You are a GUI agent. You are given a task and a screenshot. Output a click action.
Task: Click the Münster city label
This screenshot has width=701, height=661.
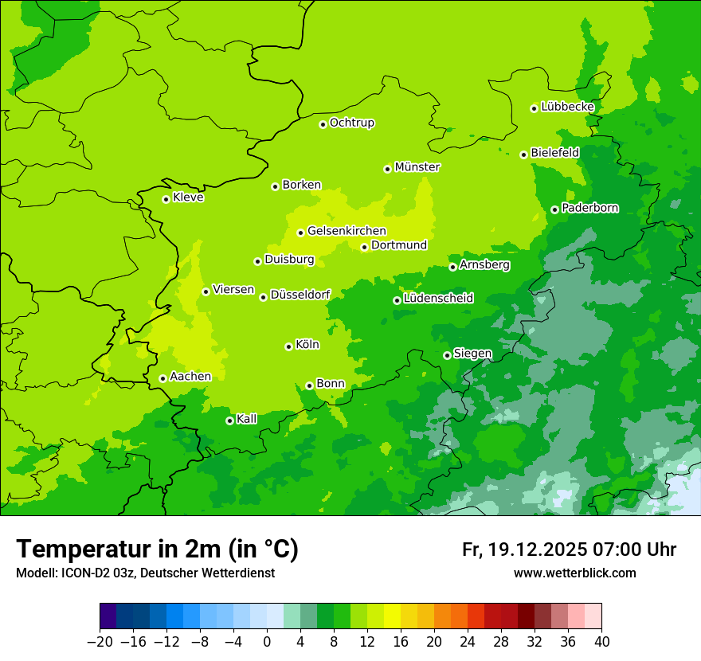417,167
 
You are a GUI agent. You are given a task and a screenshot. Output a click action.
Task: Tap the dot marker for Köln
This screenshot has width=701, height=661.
288,346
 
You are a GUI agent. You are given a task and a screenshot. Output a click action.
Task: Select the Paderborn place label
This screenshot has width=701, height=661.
589,208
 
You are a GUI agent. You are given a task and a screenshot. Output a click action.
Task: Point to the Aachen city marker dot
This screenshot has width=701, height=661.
163,378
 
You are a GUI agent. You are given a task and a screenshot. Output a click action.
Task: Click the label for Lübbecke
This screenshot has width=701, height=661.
567,107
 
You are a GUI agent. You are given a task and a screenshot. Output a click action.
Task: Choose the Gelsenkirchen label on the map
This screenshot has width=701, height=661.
347,231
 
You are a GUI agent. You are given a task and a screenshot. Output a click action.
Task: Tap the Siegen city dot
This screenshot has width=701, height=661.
447,355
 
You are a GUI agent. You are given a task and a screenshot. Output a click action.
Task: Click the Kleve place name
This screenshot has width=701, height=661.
188,198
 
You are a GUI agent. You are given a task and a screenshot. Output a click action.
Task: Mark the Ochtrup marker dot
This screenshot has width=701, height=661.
323,124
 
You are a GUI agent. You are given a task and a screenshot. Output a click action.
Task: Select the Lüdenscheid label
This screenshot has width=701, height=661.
438,299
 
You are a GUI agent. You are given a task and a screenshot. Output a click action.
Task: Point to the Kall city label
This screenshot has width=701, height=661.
247,419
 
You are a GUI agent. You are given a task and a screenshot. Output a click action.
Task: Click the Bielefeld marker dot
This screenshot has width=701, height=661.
523,154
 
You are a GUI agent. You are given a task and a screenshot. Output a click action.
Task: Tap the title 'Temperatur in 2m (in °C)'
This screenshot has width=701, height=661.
158,549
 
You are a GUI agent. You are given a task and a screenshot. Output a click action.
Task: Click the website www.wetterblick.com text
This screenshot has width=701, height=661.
574,573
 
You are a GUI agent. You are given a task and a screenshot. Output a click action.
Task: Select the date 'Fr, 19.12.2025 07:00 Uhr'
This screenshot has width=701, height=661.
569,550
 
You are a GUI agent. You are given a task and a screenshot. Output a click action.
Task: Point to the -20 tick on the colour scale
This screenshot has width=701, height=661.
100,642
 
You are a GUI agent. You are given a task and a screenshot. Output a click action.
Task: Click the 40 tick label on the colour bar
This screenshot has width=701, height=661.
601,642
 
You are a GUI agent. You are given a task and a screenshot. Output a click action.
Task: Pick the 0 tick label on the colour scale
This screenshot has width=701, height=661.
267,642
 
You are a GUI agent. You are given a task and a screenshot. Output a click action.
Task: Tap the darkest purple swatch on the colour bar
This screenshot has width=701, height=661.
108,616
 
